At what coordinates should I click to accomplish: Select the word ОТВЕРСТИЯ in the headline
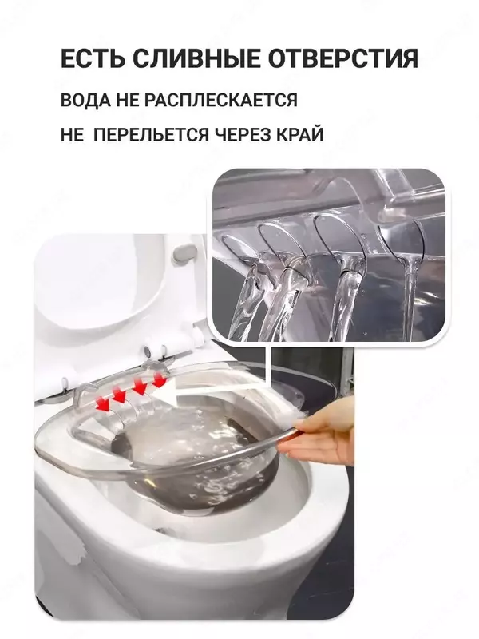pyautogui.click(x=343, y=60)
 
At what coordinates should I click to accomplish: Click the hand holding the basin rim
pyautogui.click(x=323, y=431)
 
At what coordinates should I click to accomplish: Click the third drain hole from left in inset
pyautogui.click(x=335, y=240)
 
